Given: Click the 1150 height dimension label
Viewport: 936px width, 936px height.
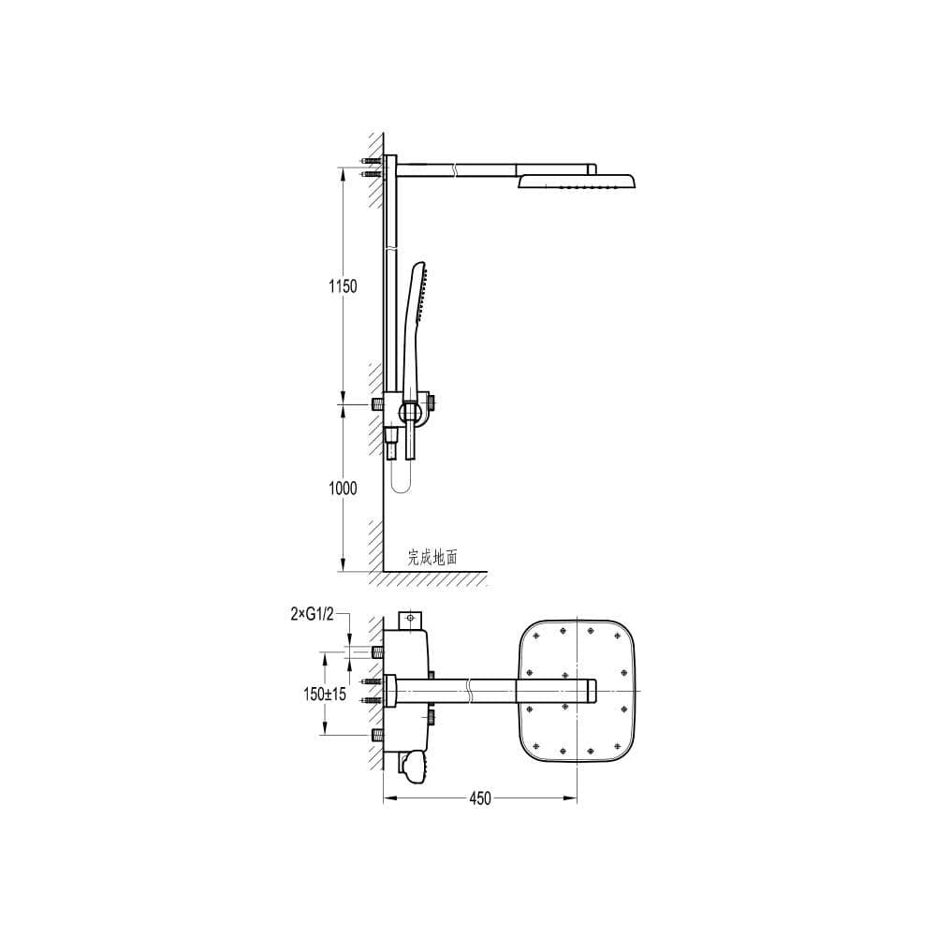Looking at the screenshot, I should click(x=343, y=286).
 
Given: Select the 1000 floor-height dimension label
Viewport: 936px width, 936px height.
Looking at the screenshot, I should click(x=343, y=489).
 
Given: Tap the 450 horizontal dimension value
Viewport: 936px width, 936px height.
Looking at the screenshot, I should click(x=479, y=798).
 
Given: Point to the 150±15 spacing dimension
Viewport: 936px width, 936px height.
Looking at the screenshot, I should click(x=324, y=694).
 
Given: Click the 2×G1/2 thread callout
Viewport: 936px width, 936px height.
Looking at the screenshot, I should click(x=312, y=614).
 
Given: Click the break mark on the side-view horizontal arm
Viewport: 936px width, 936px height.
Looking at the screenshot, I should click(x=454, y=168).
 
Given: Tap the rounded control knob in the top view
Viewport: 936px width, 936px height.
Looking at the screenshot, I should click(x=414, y=767).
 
